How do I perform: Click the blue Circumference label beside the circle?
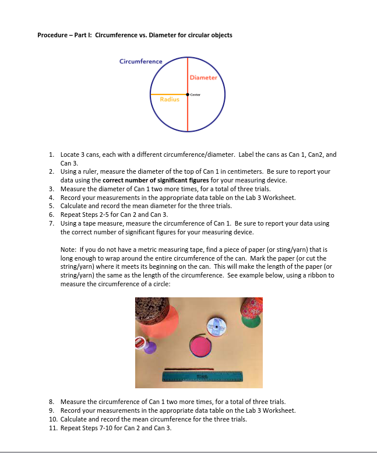[x=140, y=61]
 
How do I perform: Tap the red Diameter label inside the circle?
[x=203, y=77]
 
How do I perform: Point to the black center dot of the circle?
[x=188, y=94]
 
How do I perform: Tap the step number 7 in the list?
[x=52, y=223]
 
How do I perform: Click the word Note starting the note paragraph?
[x=68, y=249]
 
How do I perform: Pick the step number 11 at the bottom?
[x=52, y=428]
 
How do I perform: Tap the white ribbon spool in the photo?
[x=216, y=328]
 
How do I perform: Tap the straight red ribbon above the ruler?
[x=188, y=368]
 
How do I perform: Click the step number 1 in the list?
[x=52, y=154]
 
